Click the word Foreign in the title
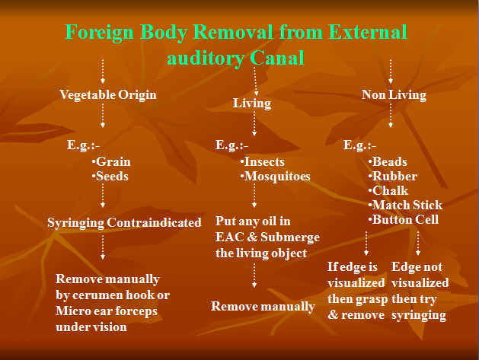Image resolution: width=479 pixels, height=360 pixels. pyautogui.click(x=100, y=33)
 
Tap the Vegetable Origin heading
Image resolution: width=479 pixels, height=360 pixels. pyautogui.click(x=108, y=94)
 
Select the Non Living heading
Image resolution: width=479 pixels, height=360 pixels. pyautogui.click(x=394, y=94)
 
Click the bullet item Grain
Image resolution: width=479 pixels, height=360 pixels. pyautogui.click(x=111, y=162)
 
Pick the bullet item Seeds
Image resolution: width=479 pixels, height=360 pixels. pyautogui.click(x=110, y=176)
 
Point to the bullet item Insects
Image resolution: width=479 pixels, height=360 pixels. pyautogui.click(x=263, y=162)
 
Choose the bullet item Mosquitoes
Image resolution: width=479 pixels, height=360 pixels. pyautogui.click(x=275, y=177)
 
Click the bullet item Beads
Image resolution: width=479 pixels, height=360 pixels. pyautogui.click(x=388, y=162)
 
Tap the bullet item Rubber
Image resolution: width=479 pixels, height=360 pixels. pyautogui.click(x=392, y=176)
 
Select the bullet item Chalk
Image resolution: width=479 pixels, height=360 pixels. pyautogui.click(x=388, y=190)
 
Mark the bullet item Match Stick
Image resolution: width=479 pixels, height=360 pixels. pyautogui.click(x=405, y=205)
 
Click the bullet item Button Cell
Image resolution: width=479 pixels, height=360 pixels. pyautogui.click(x=404, y=219)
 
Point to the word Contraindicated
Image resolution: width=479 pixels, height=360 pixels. pyautogui.click(x=154, y=222)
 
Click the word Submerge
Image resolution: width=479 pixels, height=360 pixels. pyautogui.click(x=290, y=237)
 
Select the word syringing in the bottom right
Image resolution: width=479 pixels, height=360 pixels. pyautogui.click(x=419, y=315)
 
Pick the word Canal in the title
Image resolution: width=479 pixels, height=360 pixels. pyautogui.click(x=277, y=58)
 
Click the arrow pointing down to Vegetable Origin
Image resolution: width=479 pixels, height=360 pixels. pyautogui.click(x=103, y=72)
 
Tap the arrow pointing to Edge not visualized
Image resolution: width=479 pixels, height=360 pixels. pyautogui.click(x=418, y=244)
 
